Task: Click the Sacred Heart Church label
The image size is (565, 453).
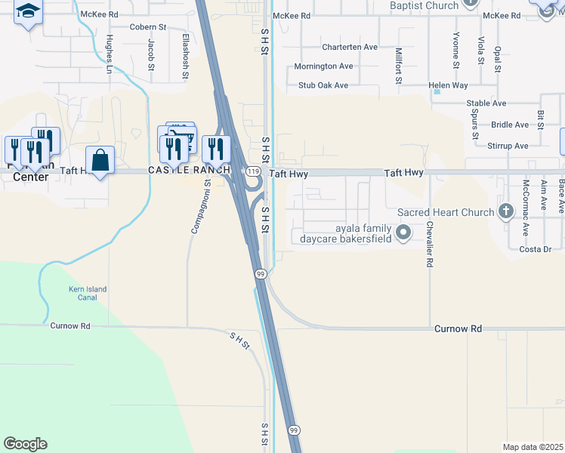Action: coord(445,212)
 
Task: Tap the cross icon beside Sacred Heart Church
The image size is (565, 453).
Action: coord(505,212)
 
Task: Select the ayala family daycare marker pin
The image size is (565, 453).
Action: coord(403,233)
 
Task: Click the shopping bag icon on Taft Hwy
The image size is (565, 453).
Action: coord(100,160)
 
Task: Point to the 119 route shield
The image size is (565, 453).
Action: coord(252,173)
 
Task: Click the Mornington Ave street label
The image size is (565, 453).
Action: coord(323,66)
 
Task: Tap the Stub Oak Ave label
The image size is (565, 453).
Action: coord(323,85)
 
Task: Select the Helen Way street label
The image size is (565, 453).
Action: coord(448,86)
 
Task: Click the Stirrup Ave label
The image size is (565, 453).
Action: coord(508,146)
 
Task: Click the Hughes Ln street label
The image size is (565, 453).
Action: coord(110,53)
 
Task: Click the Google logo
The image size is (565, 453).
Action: coord(25,444)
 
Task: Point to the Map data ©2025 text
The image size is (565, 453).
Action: coord(533,447)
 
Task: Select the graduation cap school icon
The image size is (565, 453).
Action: coord(28,11)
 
